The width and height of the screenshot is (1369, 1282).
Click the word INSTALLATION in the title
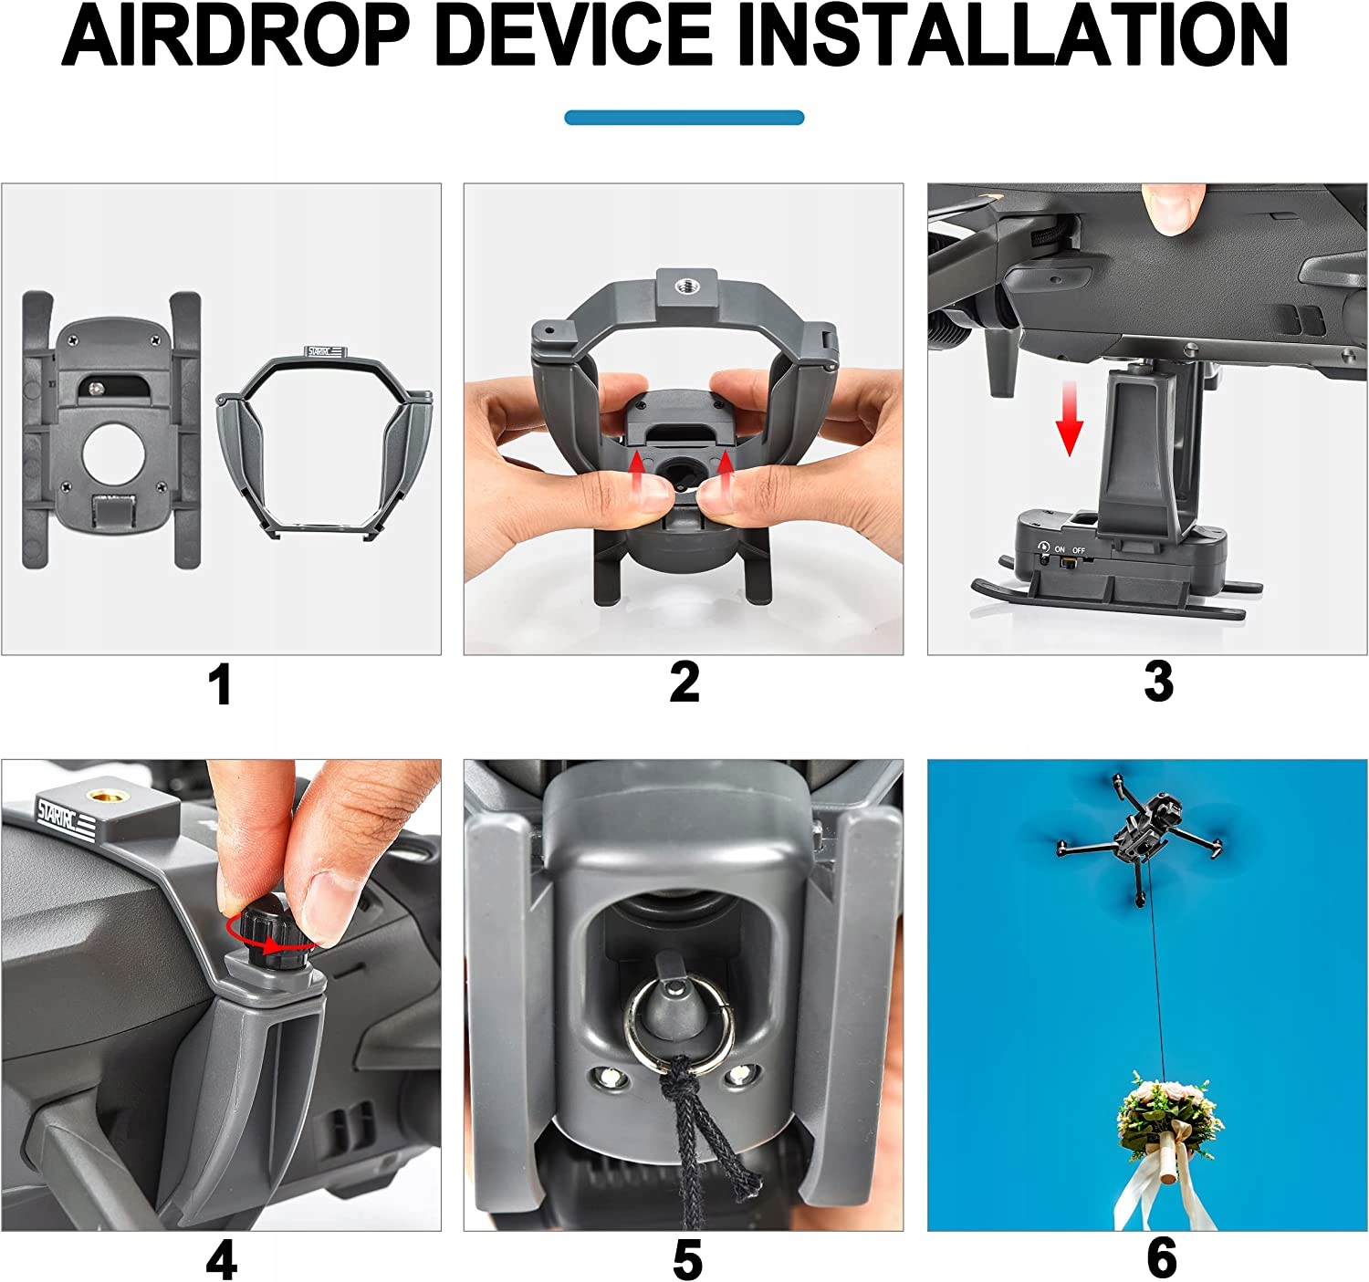coord(1012,36)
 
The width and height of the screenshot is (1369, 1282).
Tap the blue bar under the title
coord(684,117)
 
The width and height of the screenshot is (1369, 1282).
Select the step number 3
coord(1159,682)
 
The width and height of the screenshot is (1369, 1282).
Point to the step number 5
coord(687,1259)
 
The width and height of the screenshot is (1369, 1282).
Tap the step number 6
coord(1162,1258)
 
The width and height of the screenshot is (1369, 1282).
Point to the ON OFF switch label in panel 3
coord(1069,550)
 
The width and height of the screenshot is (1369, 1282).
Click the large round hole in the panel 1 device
coord(114,454)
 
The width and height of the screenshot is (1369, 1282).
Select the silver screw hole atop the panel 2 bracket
coord(684,283)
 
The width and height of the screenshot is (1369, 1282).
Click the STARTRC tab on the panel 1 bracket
coord(325,351)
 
